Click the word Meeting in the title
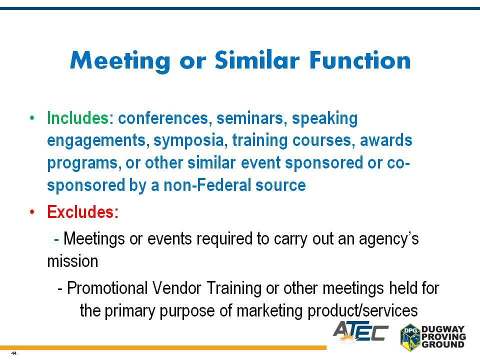pyautogui.click(x=119, y=61)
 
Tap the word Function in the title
pyautogui.click(x=360, y=60)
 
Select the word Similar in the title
pyautogui.click(x=257, y=59)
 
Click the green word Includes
pyautogui.click(x=78, y=118)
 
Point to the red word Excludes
pyautogui.click(x=82, y=211)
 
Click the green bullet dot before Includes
pyautogui.click(x=32, y=118)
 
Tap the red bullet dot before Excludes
pyautogui.click(x=32, y=212)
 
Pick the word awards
pyautogui.click(x=386, y=140)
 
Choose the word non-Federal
pyautogui.click(x=207, y=185)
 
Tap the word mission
pyautogui.click(x=72, y=261)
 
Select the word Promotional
pyautogui.click(x=107, y=288)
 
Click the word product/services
pyautogui.click(x=363, y=310)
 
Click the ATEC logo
pyautogui.click(x=360, y=332)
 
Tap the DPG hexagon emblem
pyautogui.click(x=410, y=337)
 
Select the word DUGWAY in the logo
pyautogui.click(x=443, y=329)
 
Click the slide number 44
pyautogui.click(x=14, y=353)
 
